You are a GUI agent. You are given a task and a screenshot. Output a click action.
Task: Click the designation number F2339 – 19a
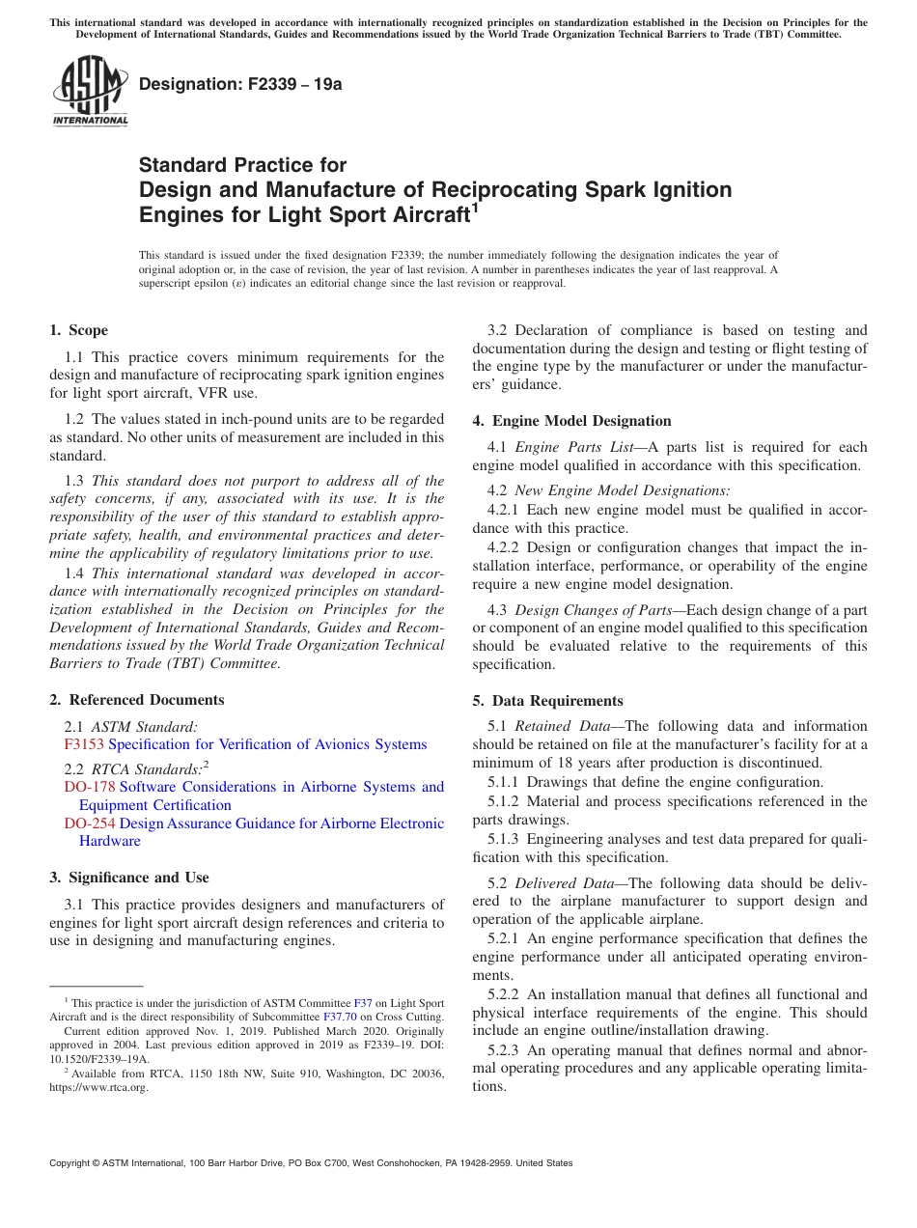pyautogui.click(x=240, y=84)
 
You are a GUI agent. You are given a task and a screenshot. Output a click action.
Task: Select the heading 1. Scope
pyautogui.click(x=78, y=330)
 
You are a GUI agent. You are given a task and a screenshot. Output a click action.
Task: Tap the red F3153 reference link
pyautogui.click(x=84, y=744)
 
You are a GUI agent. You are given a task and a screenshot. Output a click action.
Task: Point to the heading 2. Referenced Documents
pyautogui.click(x=136, y=700)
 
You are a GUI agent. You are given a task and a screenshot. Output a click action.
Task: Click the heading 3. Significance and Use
pyautogui.click(x=128, y=878)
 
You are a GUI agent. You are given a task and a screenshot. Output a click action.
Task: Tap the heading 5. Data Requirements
pyautogui.click(x=547, y=701)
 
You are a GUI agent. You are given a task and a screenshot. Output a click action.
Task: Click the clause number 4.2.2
pyautogui.click(x=506, y=547)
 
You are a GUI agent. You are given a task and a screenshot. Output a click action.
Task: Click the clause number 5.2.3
pyautogui.click(x=506, y=1050)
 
